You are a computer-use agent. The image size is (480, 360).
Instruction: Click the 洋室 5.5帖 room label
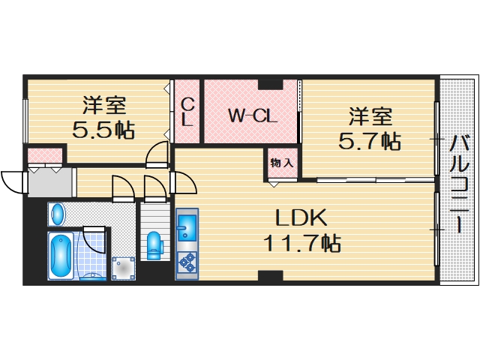[103, 118]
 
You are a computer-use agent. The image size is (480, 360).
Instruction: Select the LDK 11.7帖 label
[301, 230]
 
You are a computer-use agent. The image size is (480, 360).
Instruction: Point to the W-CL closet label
[253, 115]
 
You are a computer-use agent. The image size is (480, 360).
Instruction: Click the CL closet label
[187, 112]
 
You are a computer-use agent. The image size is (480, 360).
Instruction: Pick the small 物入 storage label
[282, 163]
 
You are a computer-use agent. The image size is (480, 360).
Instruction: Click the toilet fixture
[154, 244]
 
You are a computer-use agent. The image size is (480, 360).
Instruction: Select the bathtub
[60, 256]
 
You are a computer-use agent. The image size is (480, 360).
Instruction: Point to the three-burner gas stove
[187, 262]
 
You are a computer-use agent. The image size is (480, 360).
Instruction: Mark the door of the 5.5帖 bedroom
[157, 154]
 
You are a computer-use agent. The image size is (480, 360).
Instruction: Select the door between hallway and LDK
[184, 182]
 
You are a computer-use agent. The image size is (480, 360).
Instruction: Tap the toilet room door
[154, 187]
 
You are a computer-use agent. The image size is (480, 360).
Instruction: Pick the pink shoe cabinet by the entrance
[39, 157]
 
